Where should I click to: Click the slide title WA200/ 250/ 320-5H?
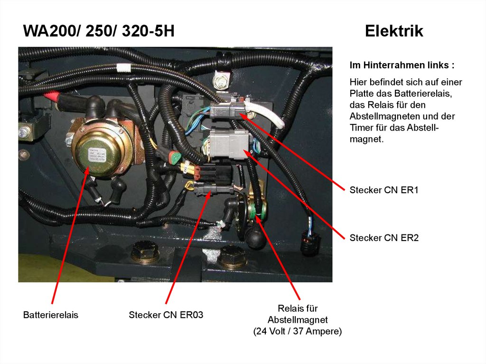(x=99, y=31)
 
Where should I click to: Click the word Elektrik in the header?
(x=394, y=31)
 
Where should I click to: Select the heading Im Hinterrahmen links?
(x=402, y=65)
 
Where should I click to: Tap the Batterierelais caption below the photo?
(x=50, y=315)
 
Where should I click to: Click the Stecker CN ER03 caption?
(x=166, y=315)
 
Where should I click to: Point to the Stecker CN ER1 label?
(x=384, y=190)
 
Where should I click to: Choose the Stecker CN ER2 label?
(x=384, y=238)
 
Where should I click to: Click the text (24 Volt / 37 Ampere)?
(x=298, y=331)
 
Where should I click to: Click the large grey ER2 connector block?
(x=229, y=144)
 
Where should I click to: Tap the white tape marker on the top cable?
(x=123, y=68)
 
